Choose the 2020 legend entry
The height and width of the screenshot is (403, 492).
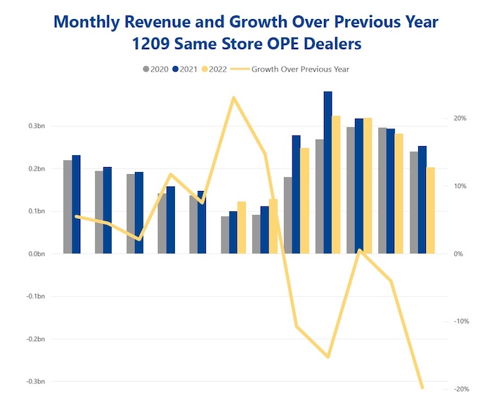[154, 69]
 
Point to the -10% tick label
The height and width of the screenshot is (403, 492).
[459, 322]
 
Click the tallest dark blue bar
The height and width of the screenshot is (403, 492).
[328, 172]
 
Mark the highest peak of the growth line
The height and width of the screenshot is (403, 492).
[233, 98]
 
